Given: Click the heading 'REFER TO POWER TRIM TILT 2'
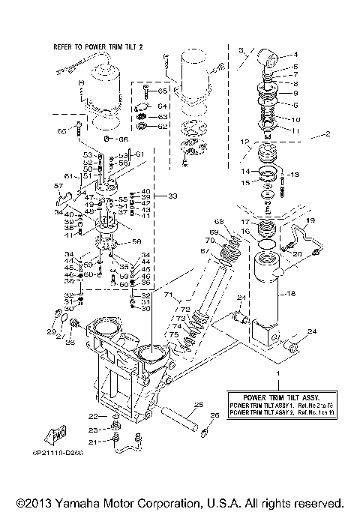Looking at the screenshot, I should (x=97, y=46).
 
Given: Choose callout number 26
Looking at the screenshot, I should (x=215, y=415).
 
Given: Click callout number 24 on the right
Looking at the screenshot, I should (x=312, y=332).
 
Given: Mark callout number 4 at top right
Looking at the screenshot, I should (x=294, y=54).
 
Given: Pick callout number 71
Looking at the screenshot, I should (x=168, y=295).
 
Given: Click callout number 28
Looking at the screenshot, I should (x=70, y=343).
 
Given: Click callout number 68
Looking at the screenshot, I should (x=219, y=221).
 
